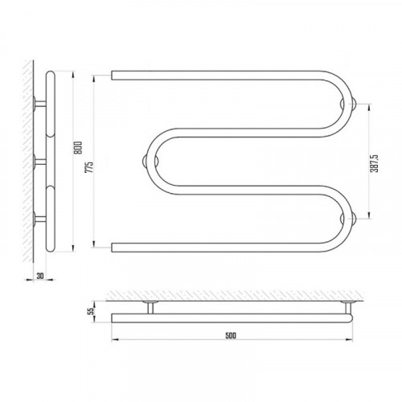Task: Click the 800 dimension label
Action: pos(78,148)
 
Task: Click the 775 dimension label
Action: pos(89,167)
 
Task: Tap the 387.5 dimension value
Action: pos(374,163)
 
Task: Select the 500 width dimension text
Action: pos(231,335)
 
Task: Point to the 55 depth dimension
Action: pos(92,311)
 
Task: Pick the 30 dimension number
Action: pos(40,276)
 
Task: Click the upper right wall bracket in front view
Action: pos(348,104)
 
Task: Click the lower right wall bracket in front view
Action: pos(348,219)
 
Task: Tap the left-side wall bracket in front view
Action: pos(150,162)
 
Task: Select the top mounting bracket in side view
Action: pos(40,104)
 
